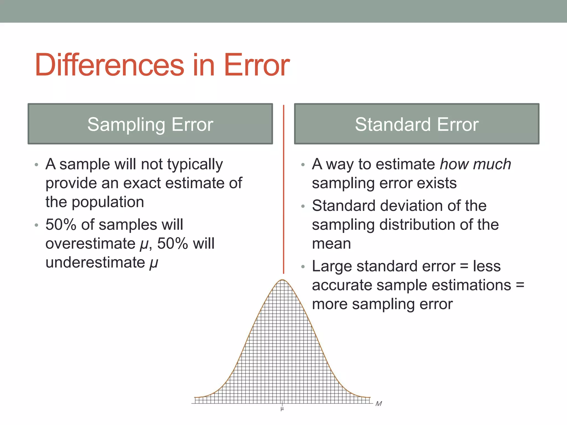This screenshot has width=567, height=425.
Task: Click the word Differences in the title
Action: point(109,65)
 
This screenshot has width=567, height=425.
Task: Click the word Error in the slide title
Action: point(256,65)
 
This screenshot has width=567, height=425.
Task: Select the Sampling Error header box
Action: point(150,124)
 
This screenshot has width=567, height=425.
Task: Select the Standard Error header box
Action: point(416,124)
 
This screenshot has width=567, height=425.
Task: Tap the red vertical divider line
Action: point(283,188)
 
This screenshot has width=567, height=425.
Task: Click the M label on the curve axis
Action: point(378,404)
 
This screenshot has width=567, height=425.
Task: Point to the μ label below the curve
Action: point(282,409)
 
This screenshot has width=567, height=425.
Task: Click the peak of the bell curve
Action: point(282,280)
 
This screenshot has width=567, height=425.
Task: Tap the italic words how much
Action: point(475,164)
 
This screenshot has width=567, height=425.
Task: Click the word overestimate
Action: point(90,243)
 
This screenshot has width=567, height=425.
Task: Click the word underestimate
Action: point(95,262)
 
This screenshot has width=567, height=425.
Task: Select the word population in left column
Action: point(108,202)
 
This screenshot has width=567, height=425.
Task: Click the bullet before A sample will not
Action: point(36,165)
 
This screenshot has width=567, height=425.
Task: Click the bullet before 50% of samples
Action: point(36,225)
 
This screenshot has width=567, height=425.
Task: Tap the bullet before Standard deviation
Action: point(303,206)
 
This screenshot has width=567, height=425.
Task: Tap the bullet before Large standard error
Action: point(303,267)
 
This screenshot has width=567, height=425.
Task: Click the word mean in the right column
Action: point(331,243)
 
